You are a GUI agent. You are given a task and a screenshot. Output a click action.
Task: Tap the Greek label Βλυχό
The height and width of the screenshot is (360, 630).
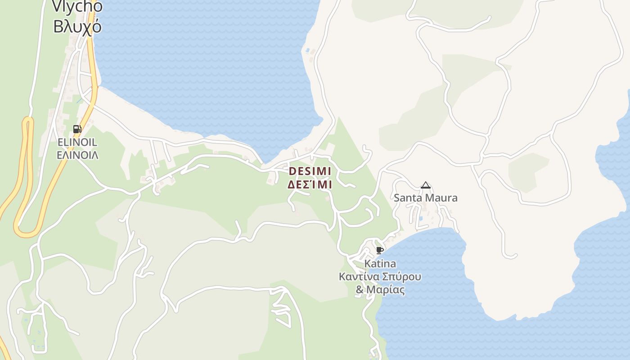[77, 27]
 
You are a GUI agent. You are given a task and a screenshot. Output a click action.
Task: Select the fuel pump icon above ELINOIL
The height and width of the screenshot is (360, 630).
[77, 129]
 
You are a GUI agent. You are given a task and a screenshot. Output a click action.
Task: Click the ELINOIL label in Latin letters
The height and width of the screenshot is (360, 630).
[77, 142]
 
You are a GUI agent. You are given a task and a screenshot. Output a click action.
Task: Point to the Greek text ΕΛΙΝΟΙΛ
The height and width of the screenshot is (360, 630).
[77, 155]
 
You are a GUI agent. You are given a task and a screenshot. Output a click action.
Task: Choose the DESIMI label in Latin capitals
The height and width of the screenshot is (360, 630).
[310, 171]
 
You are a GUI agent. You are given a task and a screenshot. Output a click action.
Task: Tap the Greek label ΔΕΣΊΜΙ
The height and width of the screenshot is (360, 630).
[310, 184]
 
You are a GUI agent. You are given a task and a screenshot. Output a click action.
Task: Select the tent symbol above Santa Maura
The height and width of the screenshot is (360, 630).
[425, 185]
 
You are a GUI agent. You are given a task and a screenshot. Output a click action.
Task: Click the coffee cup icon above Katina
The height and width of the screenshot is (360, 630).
[379, 250]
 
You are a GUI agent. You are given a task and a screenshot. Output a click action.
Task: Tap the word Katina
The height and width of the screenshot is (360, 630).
[380, 263]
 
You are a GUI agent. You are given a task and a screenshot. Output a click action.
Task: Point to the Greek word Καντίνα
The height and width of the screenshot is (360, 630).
[357, 276]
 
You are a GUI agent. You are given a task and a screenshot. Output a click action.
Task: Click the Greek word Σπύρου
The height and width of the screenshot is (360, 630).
[400, 276]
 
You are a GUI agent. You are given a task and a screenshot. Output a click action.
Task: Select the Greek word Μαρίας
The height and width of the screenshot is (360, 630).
[386, 289]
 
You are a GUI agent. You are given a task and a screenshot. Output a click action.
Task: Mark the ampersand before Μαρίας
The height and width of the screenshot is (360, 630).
[360, 289]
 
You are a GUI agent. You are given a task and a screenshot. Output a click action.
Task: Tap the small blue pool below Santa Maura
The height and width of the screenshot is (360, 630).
[420, 219]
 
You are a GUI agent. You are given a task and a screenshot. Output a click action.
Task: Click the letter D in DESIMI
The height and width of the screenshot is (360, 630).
[292, 171]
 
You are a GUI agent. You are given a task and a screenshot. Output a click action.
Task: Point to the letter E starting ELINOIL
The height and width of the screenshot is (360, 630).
[60, 142]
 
